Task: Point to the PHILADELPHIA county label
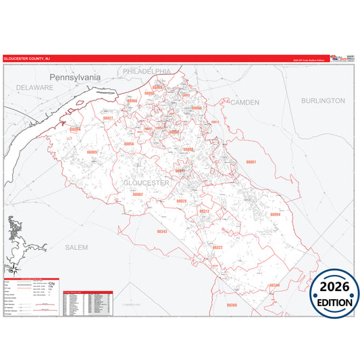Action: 147,70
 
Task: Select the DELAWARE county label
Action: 35,88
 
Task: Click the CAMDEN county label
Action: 245,102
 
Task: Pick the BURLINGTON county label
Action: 323,101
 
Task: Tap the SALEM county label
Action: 76,248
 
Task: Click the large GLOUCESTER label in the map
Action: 147,183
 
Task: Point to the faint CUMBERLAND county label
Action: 132,305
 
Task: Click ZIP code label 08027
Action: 108,119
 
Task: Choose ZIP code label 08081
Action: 251,163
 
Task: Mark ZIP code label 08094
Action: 275,214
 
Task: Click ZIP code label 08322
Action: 217,248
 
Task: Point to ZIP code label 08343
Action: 161,232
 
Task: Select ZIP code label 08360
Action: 232,305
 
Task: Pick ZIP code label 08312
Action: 204,211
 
